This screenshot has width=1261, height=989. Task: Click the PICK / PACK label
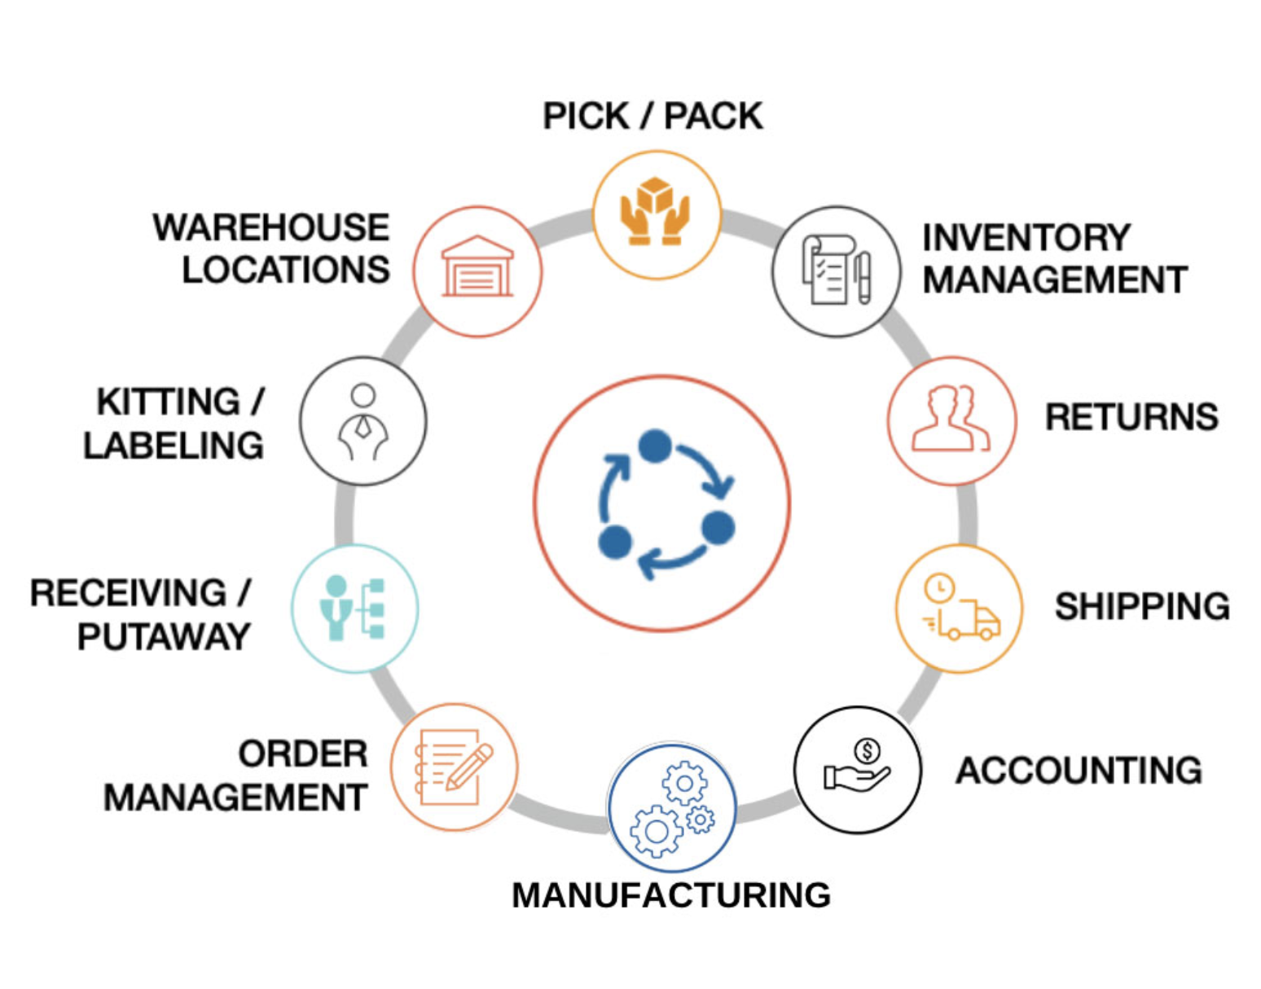(x=652, y=116)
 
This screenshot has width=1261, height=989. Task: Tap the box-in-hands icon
(x=656, y=213)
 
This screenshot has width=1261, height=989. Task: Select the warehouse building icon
(x=477, y=269)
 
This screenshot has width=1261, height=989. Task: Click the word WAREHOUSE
(x=271, y=228)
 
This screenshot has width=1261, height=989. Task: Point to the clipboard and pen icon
(x=836, y=270)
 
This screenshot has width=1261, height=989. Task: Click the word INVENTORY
(x=1026, y=238)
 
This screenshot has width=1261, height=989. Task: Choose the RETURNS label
(x=1131, y=417)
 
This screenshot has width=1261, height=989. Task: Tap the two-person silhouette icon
(x=951, y=419)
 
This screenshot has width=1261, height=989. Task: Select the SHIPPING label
(x=1142, y=607)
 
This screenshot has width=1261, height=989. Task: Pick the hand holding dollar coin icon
(x=858, y=767)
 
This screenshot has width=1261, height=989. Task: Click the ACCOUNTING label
(x=1079, y=771)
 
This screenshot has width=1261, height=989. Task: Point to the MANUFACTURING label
(x=671, y=895)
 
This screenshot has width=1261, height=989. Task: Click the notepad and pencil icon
(x=455, y=767)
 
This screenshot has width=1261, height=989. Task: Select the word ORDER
(x=303, y=754)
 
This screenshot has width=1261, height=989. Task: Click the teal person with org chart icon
(x=354, y=609)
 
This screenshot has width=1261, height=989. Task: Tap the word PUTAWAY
(x=165, y=637)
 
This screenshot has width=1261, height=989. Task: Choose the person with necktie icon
(x=363, y=421)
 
